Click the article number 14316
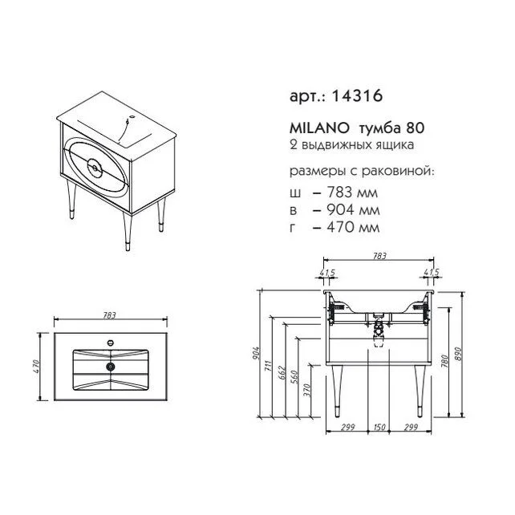pyautogui.click(x=357, y=96)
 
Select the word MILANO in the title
pyautogui.click(x=319, y=128)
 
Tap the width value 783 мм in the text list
pyautogui.click(x=352, y=193)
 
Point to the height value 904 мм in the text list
pyautogui.click(x=353, y=209)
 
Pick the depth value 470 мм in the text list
pyautogui.click(x=353, y=227)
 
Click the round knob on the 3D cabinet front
pyautogui.click(x=95, y=168)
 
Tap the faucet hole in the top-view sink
pyautogui.click(x=111, y=343)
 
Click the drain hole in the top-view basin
pyautogui.click(x=111, y=367)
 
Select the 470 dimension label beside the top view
pyautogui.click(x=36, y=367)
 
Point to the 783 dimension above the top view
pyautogui.click(x=109, y=315)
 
